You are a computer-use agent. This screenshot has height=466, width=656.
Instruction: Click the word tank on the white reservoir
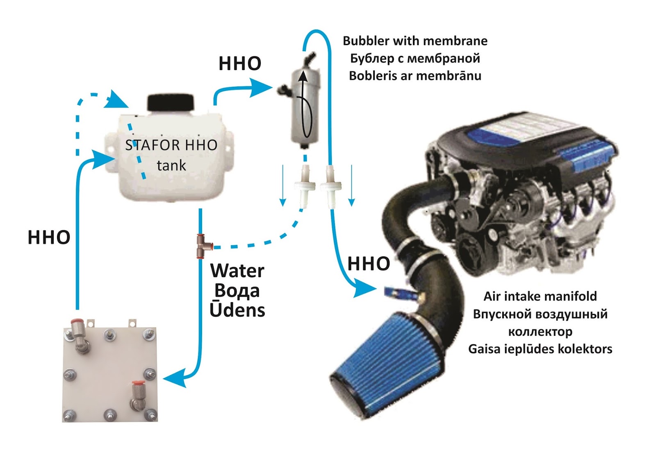click(171, 165)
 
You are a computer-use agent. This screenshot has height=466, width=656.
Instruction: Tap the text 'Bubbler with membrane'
click(415, 41)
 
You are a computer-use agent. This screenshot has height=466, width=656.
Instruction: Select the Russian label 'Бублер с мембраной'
click(415, 59)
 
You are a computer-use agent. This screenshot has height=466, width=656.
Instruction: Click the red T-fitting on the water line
click(202, 246)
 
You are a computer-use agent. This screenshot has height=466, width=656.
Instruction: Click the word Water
click(237, 271)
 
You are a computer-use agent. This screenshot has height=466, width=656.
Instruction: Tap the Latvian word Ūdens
click(237, 310)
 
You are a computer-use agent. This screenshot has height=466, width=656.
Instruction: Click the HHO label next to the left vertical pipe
click(49, 238)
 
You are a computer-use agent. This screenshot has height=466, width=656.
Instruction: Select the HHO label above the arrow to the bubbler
click(240, 63)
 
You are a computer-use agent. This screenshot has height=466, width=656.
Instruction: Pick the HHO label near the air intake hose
click(369, 264)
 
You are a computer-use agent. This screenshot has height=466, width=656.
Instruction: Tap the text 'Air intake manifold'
click(540, 296)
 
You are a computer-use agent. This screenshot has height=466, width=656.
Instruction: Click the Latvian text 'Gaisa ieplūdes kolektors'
click(540, 349)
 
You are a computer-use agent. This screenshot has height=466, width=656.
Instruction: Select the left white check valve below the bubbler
click(305, 186)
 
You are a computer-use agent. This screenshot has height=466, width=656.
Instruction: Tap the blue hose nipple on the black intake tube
click(394, 292)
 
